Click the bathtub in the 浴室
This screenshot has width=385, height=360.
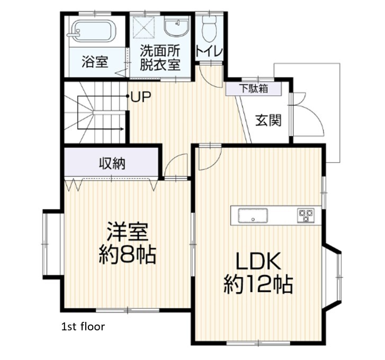point(95,31)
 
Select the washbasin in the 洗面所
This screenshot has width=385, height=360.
point(176,27)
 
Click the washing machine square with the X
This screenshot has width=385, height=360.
point(144,28)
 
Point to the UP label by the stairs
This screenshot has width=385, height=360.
point(141,97)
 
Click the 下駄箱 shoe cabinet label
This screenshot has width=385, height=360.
point(254,88)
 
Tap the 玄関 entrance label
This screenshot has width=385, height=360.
point(268,120)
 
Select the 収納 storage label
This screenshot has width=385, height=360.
point(112,163)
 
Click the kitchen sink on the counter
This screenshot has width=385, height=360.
point(253,215)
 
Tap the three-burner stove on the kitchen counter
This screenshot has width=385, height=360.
point(306,215)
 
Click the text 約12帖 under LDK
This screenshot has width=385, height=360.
point(258,285)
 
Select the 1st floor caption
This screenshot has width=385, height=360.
point(83,327)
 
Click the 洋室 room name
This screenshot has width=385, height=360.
point(128,232)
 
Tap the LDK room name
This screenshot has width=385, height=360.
point(258,261)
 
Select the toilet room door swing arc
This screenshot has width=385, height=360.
point(216,81)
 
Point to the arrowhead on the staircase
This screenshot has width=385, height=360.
point(122,129)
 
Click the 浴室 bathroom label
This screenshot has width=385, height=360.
point(95,62)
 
